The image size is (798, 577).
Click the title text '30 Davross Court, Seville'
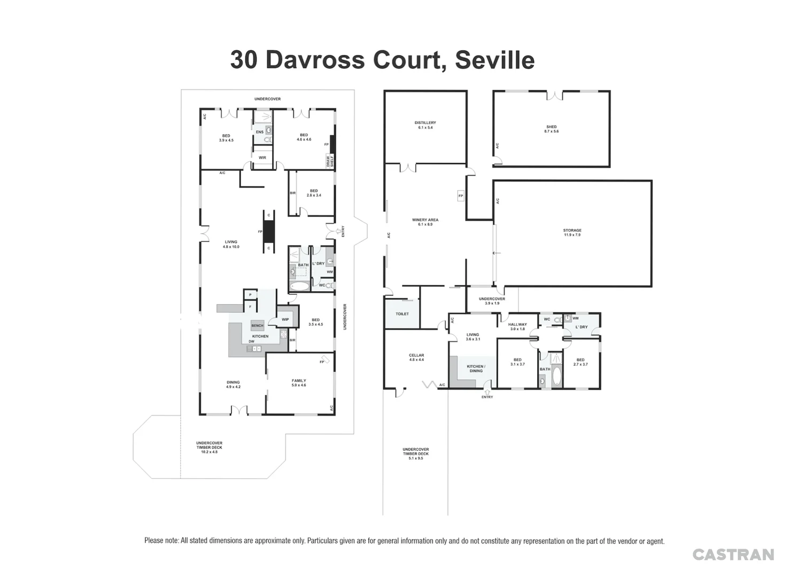point(382,60)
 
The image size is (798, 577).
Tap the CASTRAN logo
point(733,555)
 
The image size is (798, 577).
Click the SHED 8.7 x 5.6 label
point(551,129)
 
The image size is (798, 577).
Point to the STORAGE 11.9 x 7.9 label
point(572,232)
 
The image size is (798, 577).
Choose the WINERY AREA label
point(425,222)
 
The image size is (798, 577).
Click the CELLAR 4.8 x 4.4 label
point(416,357)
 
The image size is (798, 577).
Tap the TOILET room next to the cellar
point(402,314)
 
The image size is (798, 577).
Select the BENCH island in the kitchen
point(257,325)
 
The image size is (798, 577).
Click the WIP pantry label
point(285,319)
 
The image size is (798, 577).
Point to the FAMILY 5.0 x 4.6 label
point(299,383)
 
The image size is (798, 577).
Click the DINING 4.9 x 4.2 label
point(233,384)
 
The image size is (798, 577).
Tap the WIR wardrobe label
point(262,158)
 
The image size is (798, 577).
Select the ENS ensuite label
point(259,132)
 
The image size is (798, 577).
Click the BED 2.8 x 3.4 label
point(314,193)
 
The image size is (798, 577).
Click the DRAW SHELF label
point(330,161)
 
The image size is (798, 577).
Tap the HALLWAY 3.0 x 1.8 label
point(517,326)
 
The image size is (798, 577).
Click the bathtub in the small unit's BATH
point(556,376)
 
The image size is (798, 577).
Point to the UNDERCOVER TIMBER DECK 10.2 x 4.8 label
point(209,447)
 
